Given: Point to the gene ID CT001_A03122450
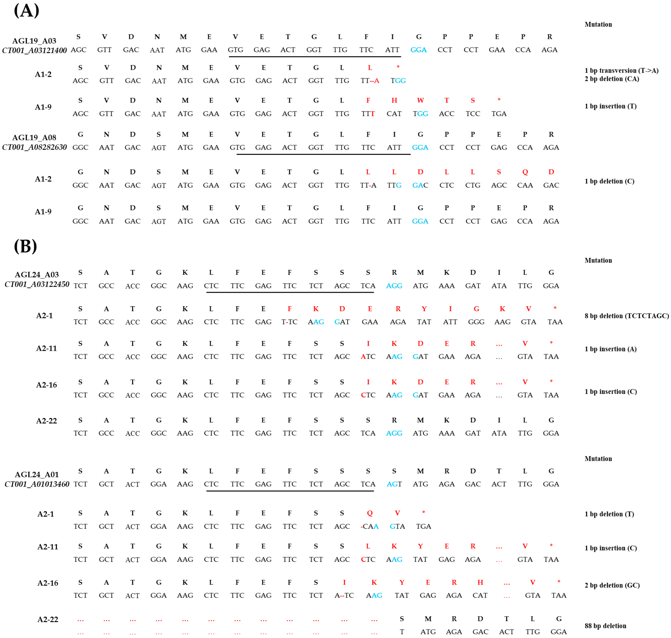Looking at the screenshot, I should [37, 284].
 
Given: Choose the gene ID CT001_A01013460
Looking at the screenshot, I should [37, 484].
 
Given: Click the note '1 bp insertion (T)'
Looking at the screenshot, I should [610, 106].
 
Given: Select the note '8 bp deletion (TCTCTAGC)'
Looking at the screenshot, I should [626, 316].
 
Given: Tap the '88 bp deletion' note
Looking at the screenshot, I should [605, 626].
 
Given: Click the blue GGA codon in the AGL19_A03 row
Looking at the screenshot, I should [419, 50].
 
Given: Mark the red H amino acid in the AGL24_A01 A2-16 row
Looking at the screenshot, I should [480, 583].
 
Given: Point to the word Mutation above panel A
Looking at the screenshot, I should [598, 24].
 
